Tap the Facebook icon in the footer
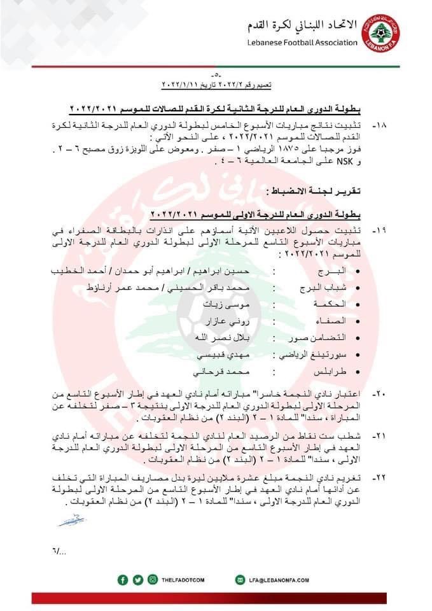[123, 579]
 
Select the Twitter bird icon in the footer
[138, 579]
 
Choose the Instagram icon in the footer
[153, 579]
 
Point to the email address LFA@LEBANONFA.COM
[277, 580]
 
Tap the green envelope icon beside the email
[240, 579]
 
